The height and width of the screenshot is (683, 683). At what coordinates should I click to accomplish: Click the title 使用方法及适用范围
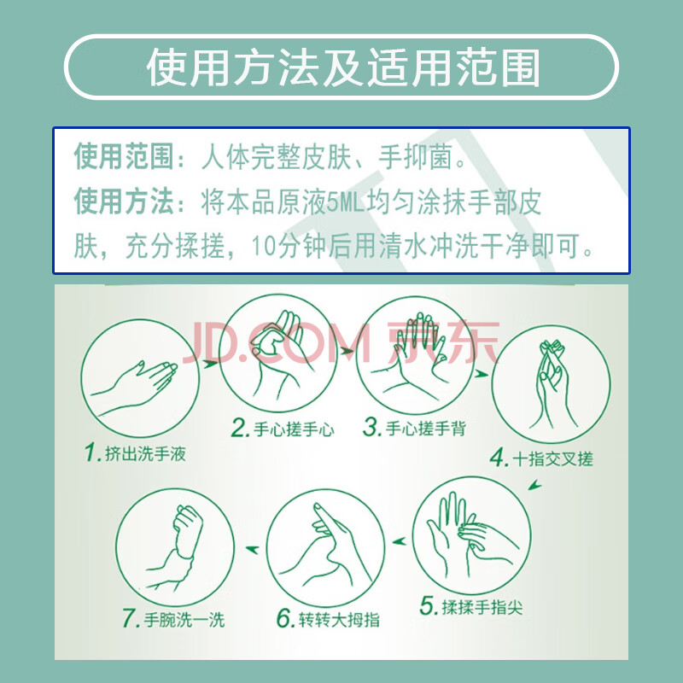[343, 67]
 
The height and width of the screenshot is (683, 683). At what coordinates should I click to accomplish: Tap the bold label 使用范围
[124, 156]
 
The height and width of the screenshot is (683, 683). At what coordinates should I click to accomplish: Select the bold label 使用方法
[124, 201]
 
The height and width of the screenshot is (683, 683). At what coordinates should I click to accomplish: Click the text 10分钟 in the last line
[289, 246]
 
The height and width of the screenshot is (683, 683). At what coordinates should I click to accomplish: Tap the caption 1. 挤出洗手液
[136, 453]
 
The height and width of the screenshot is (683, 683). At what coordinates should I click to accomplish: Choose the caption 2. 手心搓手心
[283, 429]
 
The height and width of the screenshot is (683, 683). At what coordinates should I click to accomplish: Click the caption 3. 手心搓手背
[415, 428]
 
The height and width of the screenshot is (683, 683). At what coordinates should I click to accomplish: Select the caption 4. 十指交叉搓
[541, 458]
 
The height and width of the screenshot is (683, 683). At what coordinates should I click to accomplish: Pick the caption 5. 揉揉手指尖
[471, 606]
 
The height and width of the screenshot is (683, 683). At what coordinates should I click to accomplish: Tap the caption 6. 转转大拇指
[329, 618]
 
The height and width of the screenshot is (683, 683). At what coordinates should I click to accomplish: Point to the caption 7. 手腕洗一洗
[173, 618]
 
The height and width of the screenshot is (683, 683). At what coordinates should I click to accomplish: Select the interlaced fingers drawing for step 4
[551, 383]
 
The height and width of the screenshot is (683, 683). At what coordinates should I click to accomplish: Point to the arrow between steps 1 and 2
[210, 363]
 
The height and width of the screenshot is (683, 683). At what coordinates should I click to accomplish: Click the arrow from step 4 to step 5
[535, 484]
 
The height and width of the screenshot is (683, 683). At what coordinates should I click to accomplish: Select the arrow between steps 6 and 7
[252, 549]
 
